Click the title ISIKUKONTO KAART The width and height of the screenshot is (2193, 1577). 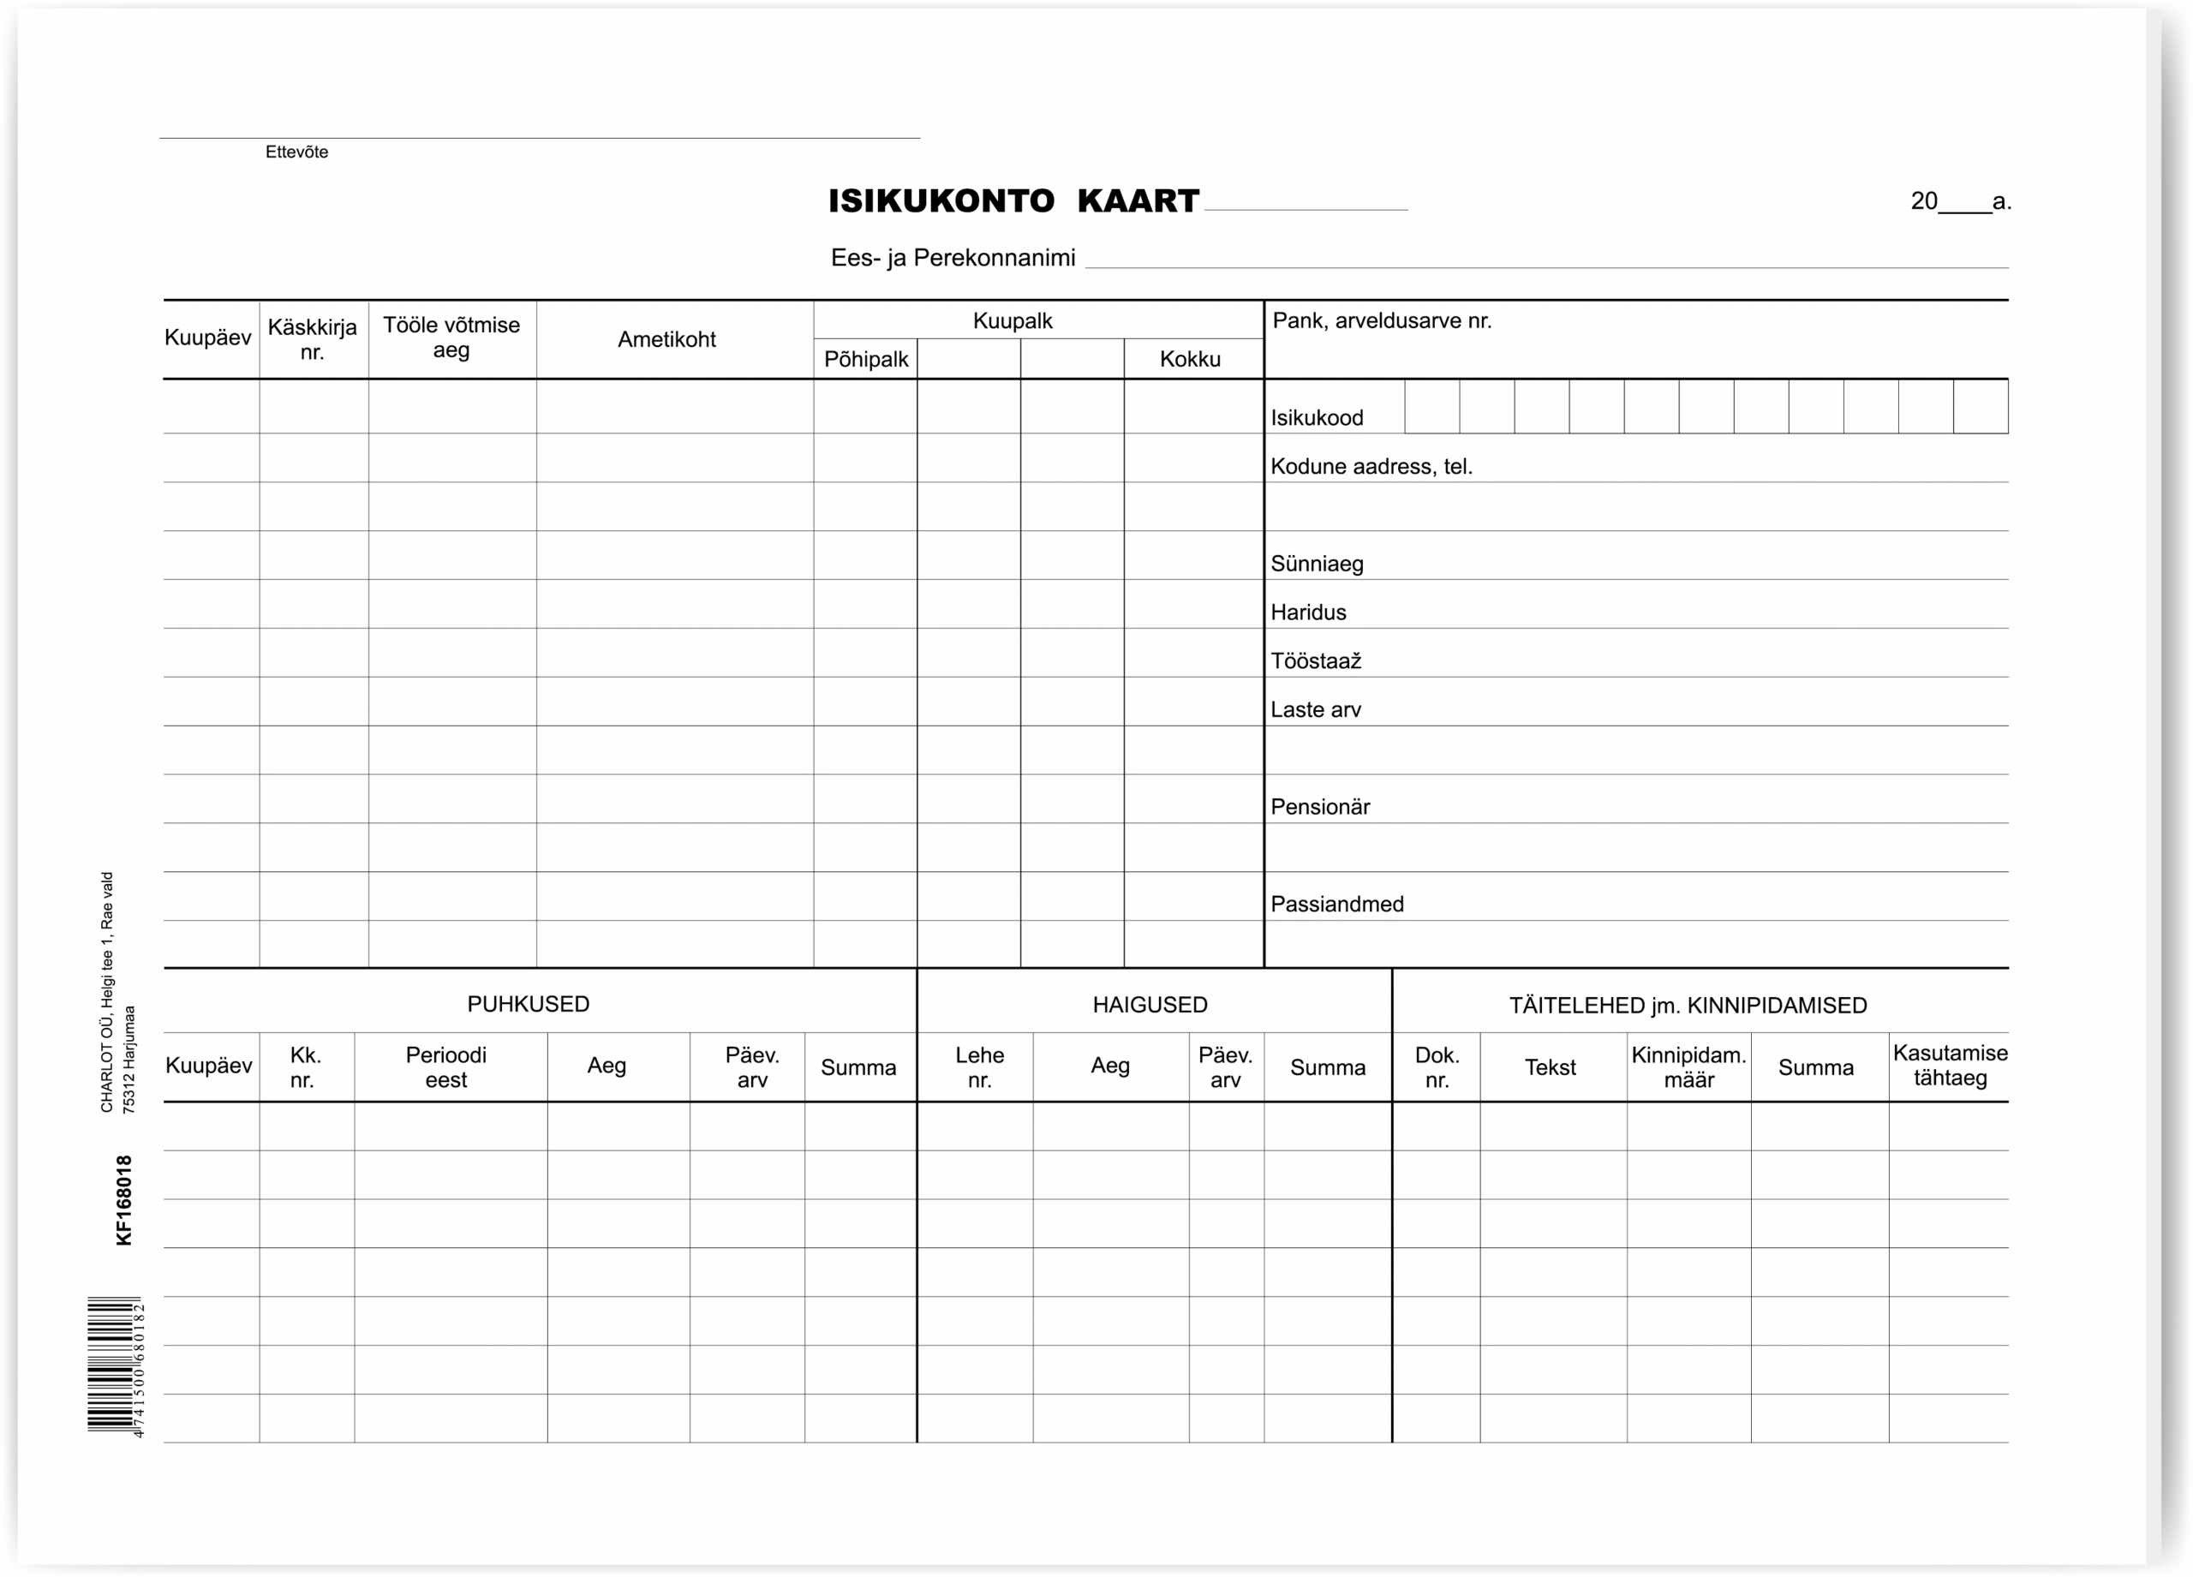(1013, 201)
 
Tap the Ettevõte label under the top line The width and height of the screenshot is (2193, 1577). (297, 152)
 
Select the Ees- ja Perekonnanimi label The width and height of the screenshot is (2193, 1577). (953, 258)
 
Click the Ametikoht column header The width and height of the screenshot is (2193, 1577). (666, 339)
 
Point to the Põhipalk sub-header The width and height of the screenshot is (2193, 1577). (865, 360)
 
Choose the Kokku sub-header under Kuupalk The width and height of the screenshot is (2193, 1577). (1189, 360)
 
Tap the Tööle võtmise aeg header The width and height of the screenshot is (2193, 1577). (451, 338)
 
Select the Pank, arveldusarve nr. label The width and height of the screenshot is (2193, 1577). (1381, 321)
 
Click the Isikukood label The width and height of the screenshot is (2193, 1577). (1316, 418)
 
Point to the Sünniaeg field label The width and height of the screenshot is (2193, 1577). (1316, 564)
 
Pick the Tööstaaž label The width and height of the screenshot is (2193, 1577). (1315, 661)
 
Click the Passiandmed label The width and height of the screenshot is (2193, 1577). (1336, 904)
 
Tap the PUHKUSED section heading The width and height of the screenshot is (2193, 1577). (528, 1004)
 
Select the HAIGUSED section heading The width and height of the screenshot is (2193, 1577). (1150, 1005)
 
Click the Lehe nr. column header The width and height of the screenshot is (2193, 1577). (978, 1067)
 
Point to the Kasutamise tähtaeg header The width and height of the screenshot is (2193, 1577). (1950, 1066)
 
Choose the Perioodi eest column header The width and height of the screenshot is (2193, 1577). (445, 1067)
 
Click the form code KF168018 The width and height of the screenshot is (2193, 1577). (123, 1200)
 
